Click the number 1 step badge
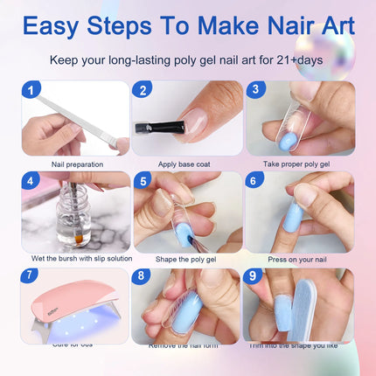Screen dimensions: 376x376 tap(31, 90)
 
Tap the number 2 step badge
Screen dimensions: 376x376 tap(143, 90)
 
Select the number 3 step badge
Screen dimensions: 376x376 tap(254, 90)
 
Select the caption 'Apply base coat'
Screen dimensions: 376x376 tap(186, 164)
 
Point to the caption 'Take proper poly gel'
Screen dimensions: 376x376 tap(298, 164)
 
